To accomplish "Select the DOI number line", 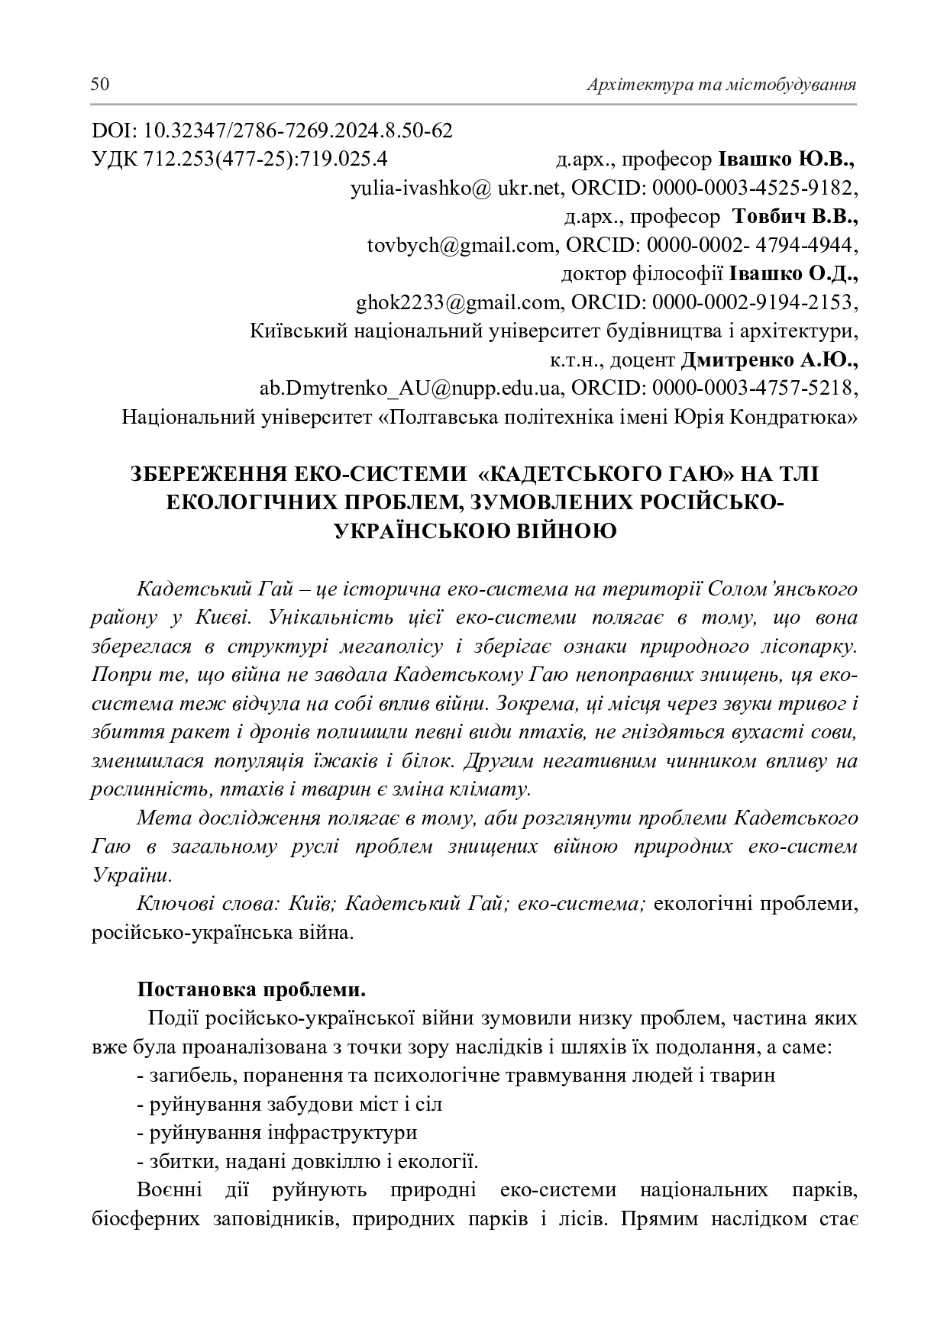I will [272, 131].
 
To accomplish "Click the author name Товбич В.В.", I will [795, 217].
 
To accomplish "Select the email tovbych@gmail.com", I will [461, 246].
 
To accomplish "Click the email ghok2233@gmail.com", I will [458, 303].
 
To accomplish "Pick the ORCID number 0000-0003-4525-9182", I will [753, 189].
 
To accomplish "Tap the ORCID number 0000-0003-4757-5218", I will [753, 388].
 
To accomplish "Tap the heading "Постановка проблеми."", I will [251, 990].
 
